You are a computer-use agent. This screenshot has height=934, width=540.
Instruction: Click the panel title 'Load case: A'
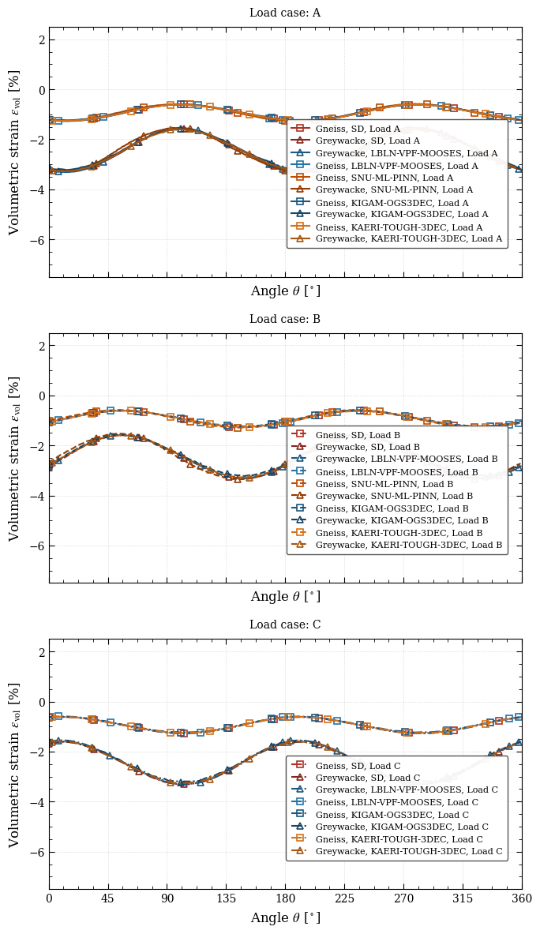click(x=285, y=13)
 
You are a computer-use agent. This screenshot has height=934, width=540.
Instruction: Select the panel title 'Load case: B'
click(x=285, y=319)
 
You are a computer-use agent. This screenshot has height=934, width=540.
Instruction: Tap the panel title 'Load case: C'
click(x=285, y=625)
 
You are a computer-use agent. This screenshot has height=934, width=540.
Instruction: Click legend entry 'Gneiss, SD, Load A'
click(x=358, y=129)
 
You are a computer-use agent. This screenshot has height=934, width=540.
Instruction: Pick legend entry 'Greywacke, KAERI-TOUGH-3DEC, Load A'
click(x=408, y=238)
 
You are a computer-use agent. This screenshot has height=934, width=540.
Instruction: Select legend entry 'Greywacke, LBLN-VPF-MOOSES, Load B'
click(x=407, y=459)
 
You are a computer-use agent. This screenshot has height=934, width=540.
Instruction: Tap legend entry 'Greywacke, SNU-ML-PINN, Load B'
click(x=394, y=496)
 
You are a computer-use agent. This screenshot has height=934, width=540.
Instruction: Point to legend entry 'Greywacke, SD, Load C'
click(x=368, y=778)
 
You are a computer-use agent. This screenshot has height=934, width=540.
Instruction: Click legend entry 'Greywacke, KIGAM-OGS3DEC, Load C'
click(x=402, y=827)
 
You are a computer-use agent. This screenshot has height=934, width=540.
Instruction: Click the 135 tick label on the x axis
click(x=226, y=898)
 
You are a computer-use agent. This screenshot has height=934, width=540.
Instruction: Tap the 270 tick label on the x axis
click(x=403, y=898)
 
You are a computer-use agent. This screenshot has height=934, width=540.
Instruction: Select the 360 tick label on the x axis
click(x=521, y=898)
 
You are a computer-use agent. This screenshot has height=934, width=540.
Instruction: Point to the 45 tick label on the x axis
click(x=108, y=898)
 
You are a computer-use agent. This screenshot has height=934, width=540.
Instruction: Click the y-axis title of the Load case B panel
click(x=14, y=458)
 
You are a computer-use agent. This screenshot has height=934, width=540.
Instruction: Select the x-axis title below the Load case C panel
click(x=285, y=918)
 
